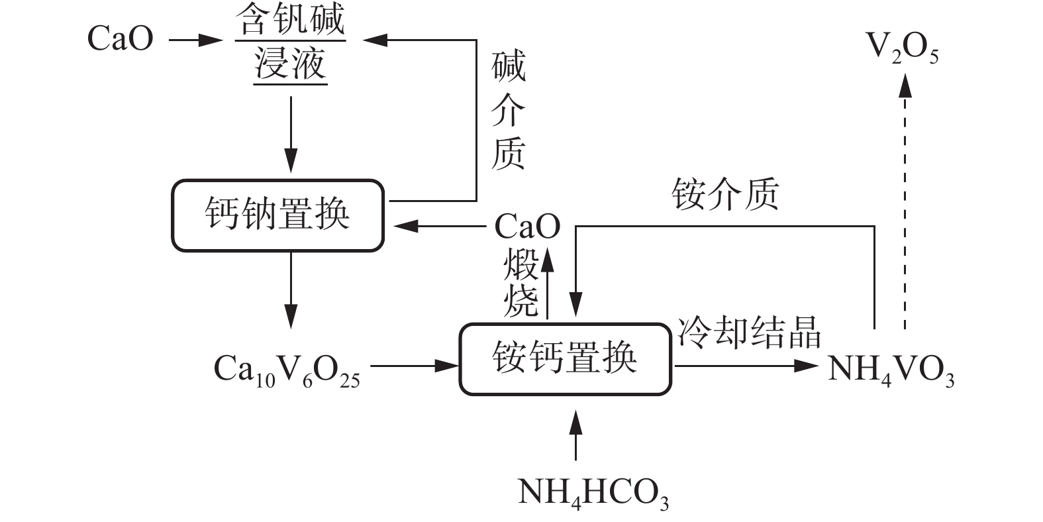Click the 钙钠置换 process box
click(x=277, y=215)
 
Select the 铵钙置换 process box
click(x=565, y=360)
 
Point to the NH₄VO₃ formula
click(x=891, y=368)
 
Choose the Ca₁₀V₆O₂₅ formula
click(x=287, y=370)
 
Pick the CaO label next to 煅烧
click(x=526, y=227)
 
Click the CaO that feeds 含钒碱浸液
click(x=120, y=38)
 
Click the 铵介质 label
click(x=725, y=194)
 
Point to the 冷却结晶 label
click(x=748, y=331)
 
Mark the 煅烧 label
click(x=521, y=283)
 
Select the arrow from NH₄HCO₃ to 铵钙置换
click(x=575, y=435)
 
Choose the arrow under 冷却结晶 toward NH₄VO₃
click(x=745, y=365)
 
